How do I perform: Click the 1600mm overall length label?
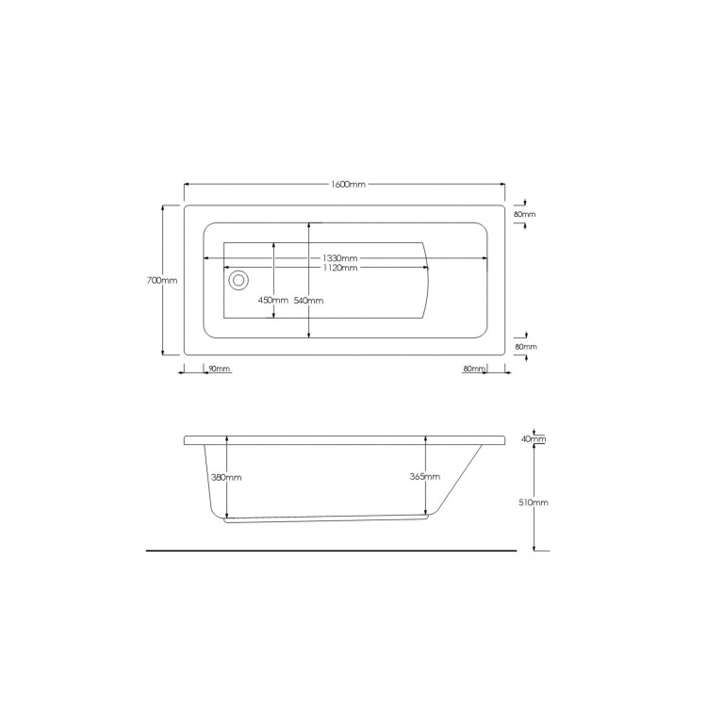pos(348,184)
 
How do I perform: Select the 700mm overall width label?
pos(163,280)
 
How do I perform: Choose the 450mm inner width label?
pos(272,301)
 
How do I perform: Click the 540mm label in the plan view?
pos(309,301)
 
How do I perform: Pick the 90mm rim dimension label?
pos(219,368)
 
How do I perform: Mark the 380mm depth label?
pos(227,477)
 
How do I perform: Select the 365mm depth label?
pos(425,477)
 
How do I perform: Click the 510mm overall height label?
pos(534,502)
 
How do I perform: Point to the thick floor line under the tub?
pos(331,550)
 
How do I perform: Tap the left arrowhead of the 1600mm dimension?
pos(187,184)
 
